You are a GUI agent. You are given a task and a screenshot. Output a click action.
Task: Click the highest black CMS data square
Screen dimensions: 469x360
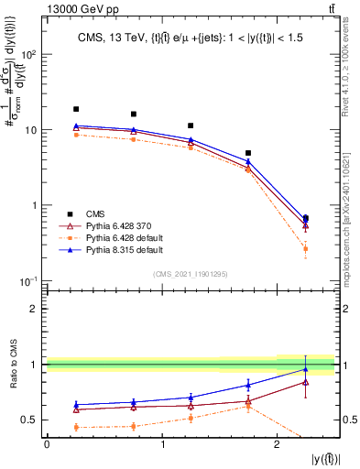[x=76, y=109]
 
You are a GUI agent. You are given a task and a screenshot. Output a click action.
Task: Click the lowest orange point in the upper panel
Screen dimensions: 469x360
[x=305, y=249]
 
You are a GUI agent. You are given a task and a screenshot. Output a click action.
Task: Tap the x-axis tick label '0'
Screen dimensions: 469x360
[x=47, y=444]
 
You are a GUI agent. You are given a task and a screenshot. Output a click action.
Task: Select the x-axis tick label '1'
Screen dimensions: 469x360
[x=162, y=444]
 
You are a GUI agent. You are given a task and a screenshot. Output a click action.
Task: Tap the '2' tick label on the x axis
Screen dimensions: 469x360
[x=277, y=444]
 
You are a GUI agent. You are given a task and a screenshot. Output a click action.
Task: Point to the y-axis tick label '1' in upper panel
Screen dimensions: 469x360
[x=35, y=205]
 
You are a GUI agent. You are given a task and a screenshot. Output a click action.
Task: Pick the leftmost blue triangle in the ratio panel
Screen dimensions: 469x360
[x=76, y=404]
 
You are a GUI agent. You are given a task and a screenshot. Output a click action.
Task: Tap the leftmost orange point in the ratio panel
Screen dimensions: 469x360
[x=76, y=427]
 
